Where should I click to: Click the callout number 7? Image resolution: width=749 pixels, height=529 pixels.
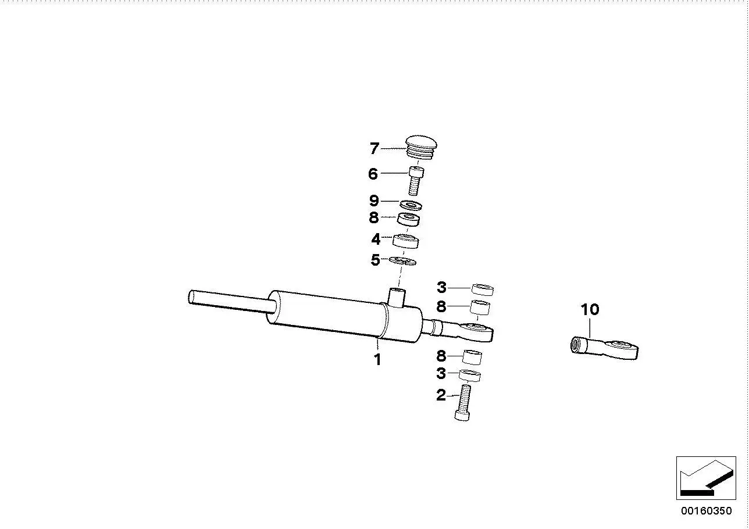(x=374, y=148)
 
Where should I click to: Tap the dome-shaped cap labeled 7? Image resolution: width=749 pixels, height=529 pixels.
(x=421, y=148)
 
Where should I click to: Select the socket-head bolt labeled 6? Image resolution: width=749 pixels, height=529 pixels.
(x=416, y=181)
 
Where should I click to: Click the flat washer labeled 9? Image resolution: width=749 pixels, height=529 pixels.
(x=411, y=205)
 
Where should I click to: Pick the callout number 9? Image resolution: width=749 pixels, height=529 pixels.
(x=374, y=201)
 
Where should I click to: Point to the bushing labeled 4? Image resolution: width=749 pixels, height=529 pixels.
(x=405, y=241)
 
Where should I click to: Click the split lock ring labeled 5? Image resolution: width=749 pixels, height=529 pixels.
(x=402, y=261)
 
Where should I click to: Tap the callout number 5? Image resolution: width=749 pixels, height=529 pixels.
(x=375, y=260)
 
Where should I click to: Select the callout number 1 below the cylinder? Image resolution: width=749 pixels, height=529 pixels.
(x=377, y=360)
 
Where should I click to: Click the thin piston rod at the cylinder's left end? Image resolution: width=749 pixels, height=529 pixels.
(x=231, y=302)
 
